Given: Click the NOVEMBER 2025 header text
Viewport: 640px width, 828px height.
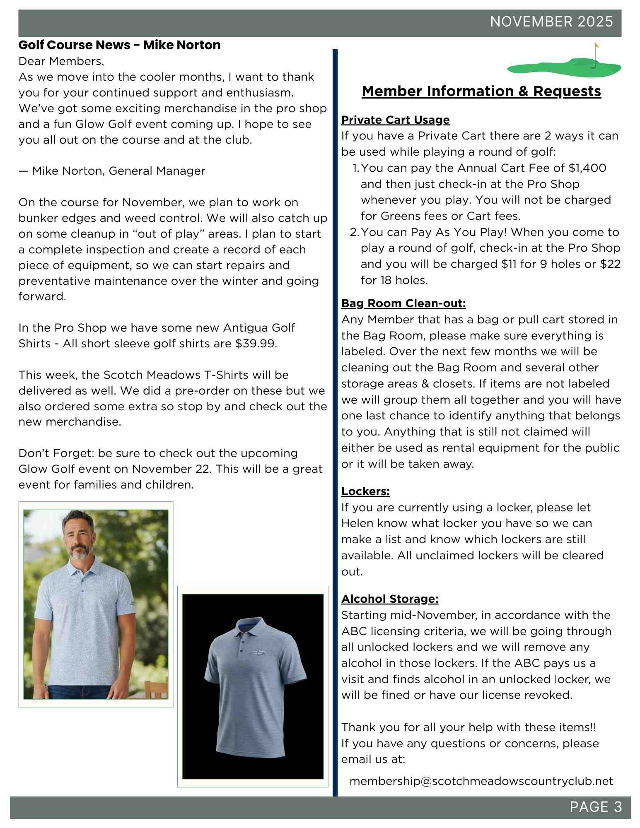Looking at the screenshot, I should point(551,22).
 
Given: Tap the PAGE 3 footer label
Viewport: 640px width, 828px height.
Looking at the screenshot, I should point(595,807).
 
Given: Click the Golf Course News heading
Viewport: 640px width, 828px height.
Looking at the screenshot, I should point(119,45).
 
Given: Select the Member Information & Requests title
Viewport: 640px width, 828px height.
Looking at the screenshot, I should point(481,91).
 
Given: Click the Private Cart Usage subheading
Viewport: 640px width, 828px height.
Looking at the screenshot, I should point(395,120).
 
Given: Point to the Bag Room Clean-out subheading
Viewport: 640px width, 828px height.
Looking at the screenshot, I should point(403,303).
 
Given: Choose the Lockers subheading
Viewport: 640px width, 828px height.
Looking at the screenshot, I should point(365,491).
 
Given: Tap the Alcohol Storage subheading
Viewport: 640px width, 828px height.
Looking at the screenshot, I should point(389,599).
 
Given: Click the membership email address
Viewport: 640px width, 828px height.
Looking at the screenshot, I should point(481,781).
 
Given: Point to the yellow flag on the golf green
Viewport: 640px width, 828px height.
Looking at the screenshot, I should point(597,45).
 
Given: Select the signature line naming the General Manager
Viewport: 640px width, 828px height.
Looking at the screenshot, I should point(112,171).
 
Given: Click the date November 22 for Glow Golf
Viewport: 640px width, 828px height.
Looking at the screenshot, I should point(171,469).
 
